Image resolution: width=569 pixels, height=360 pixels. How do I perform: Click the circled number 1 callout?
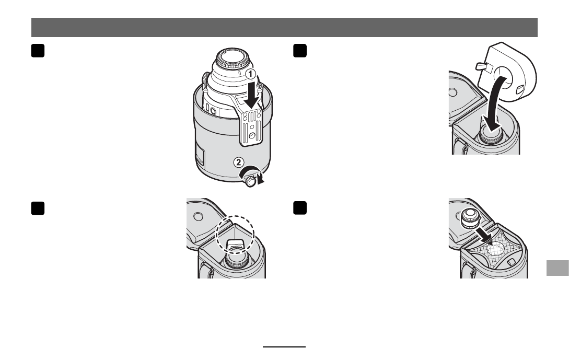pos(251,75)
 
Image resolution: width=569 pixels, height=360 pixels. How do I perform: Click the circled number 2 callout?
pos(238,162)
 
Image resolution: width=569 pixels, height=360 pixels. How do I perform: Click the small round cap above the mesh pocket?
pos(471,219)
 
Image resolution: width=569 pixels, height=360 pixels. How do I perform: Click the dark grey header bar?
pos(284,27)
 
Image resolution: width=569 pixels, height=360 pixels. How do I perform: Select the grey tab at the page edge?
pos(558,268)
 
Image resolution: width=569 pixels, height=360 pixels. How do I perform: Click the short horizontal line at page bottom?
pos(284,347)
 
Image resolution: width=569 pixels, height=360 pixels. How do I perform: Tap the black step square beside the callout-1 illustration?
pos(38,51)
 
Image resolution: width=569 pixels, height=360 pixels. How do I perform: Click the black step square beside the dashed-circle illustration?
pos(38,208)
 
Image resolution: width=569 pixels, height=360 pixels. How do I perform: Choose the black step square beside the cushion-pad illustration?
pos(300,51)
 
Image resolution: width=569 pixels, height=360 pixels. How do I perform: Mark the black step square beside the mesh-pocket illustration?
pos(300,208)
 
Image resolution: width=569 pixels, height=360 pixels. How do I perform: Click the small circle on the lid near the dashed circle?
pos(198,217)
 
